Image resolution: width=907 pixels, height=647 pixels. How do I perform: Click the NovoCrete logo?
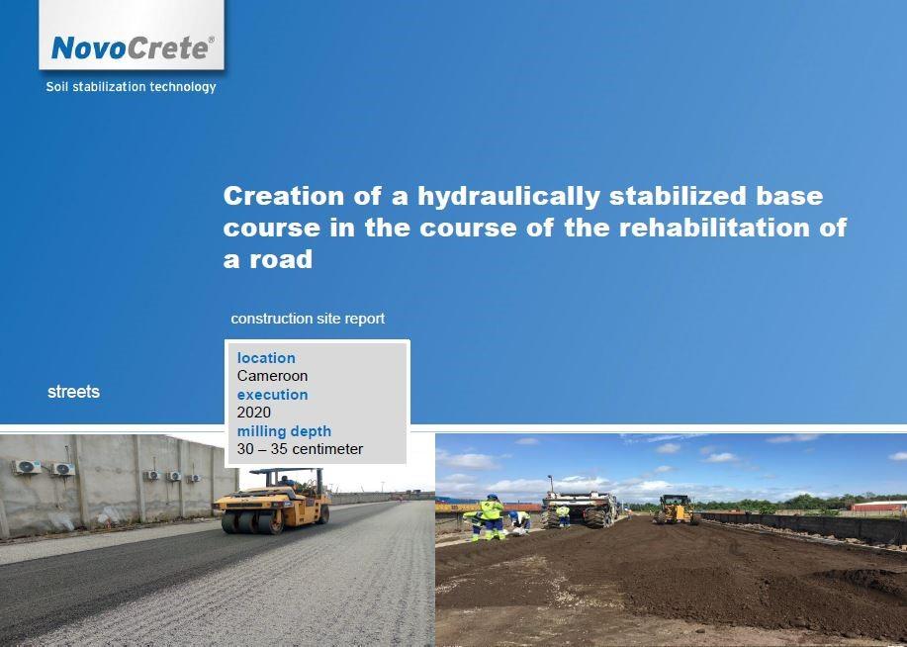click(x=133, y=48)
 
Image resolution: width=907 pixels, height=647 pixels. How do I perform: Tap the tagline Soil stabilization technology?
click(x=131, y=87)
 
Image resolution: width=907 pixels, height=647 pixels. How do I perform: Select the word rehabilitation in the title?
click(x=714, y=228)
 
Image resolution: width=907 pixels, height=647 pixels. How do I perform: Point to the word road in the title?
click(x=281, y=259)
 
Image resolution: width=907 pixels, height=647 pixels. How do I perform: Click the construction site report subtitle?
click(x=308, y=319)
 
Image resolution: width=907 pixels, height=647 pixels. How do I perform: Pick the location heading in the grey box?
click(x=266, y=358)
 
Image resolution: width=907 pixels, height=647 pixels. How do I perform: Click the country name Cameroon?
click(x=272, y=376)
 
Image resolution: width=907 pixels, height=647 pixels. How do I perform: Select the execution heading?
click(x=272, y=395)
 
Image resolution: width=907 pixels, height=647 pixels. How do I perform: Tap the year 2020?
click(x=254, y=413)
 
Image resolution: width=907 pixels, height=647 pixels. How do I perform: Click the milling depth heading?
click(x=284, y=431)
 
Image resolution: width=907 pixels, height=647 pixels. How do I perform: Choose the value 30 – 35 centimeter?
click(x=301, y=449)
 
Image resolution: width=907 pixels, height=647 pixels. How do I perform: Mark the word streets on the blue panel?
click(x=73, y=392)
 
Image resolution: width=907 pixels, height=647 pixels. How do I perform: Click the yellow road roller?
click(x=272, y=502)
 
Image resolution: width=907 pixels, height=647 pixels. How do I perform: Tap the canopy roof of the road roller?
click(x=285, y=471)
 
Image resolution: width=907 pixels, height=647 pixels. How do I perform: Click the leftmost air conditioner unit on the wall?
click(x=27, y=467)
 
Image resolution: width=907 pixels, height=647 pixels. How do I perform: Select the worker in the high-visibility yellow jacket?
click(x=492, y=516)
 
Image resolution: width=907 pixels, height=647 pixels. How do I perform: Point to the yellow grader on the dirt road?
click(x=676, y=509)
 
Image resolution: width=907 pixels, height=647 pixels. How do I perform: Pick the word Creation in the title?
click(x=284, y=196)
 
